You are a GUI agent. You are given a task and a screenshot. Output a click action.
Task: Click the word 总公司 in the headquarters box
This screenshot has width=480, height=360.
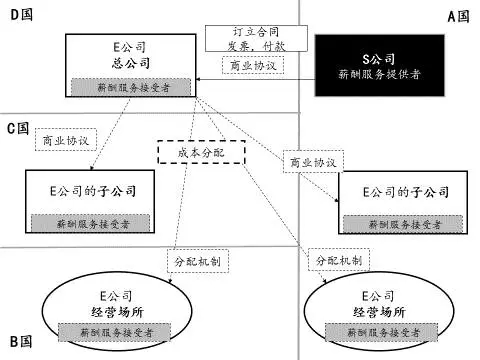(129, 63)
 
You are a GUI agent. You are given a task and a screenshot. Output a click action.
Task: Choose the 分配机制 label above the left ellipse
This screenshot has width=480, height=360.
(192, 260)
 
